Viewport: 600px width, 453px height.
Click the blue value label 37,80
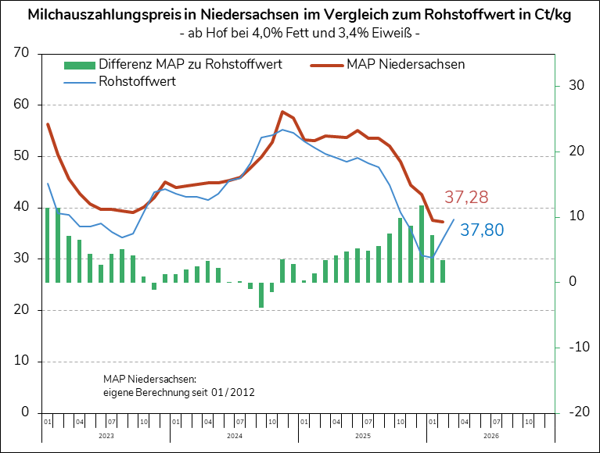coord(482,230)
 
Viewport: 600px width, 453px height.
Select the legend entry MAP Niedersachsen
coord(404,65)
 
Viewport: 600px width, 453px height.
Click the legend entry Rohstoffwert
coord(137,80)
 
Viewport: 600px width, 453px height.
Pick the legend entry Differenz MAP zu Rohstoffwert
coord(190,65)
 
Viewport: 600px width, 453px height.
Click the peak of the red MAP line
coord(282,112)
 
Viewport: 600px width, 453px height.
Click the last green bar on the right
coord(443,271)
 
